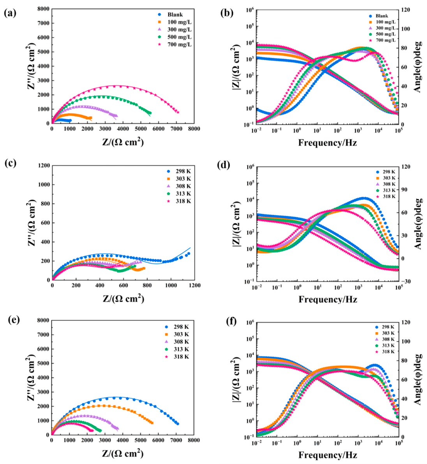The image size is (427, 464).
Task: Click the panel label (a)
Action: click(x=11, y=13)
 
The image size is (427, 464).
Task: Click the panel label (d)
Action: click(x=224, y=165)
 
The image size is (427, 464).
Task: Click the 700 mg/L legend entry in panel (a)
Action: click(x=175, y=44)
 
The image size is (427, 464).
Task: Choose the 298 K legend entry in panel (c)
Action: click(x=178, y=171)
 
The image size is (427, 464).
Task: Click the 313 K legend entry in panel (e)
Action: click(x=176, y=349)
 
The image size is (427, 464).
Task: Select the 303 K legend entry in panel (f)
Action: click(x=385, y=333)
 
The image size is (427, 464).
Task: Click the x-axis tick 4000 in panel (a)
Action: click(x=123, y=129)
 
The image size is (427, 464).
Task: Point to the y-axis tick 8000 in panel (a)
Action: click(x=44, y=9)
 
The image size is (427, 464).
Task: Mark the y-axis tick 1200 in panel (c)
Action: click(x=44, y=165)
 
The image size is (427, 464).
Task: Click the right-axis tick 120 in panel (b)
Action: click(x=406, y=10)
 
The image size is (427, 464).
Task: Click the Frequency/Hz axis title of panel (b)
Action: click(x=328, y=143)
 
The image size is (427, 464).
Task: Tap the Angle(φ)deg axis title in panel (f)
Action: click(x=418, y=379)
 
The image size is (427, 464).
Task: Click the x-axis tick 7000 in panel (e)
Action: click(x=176, y=440)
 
